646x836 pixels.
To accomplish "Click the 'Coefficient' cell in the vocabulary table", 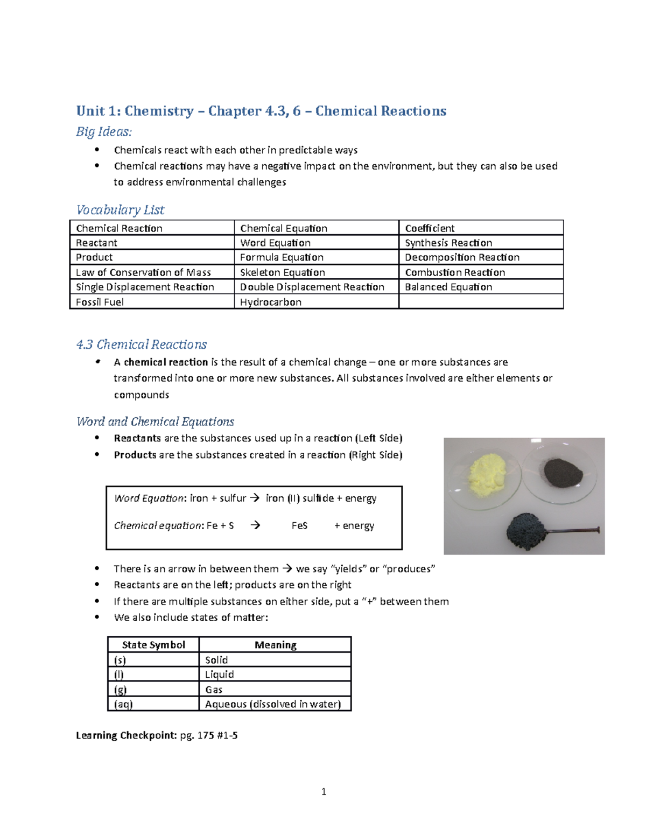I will (x=430, y=228).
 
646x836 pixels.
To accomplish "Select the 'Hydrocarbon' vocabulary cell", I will (x=270, y=302).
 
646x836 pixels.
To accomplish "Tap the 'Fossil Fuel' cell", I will (x=100, y=302).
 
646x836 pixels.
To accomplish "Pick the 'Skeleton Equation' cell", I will (x=282, y=272).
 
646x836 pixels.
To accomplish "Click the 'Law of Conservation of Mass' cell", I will (x=143, y=272).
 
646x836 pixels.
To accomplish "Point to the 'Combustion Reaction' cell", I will (x=455, y=272).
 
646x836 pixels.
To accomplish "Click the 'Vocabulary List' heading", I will (x=120, y=209).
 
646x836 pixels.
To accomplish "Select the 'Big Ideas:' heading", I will (x=104, y=131).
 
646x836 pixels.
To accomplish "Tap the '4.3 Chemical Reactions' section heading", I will (x=142, y=344).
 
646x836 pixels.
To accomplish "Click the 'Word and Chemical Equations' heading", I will (x=155, y=421).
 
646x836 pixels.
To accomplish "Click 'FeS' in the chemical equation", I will (x=299, y=525).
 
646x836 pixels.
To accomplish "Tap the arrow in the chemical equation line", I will (x=255, y=525).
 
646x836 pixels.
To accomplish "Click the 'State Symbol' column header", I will (x=153, y=645).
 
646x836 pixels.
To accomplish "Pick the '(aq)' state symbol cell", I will (x=123, y=704).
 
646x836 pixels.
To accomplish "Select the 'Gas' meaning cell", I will (x=214, y=690).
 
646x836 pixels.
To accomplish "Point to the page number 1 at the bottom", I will (x=324, y=791).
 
